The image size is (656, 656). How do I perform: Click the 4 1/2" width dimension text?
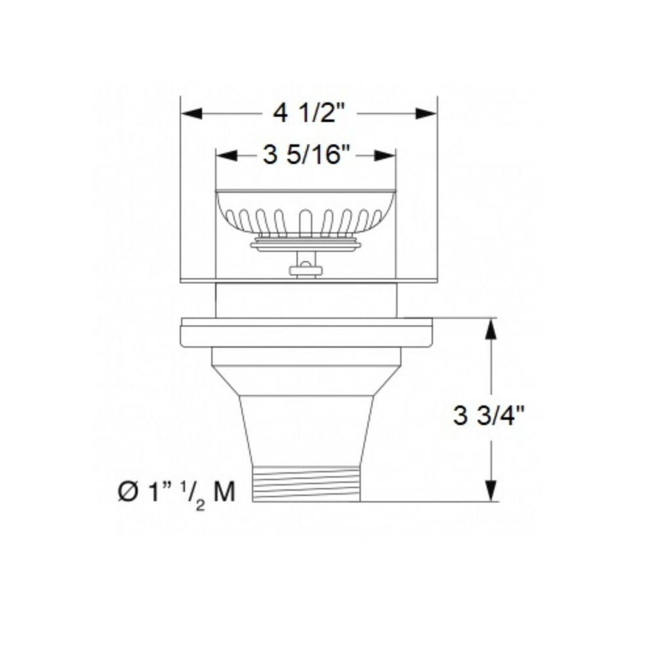(x=309, y=113)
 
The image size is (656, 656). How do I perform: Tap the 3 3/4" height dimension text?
(x=489, y=415)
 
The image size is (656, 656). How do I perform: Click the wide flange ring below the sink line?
(x=306, y=333)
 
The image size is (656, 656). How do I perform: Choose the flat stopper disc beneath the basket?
(x=306, y=245)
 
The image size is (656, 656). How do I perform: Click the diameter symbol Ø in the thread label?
(x=127, y=493)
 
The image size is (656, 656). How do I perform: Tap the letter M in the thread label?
(x=224, y=492)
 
